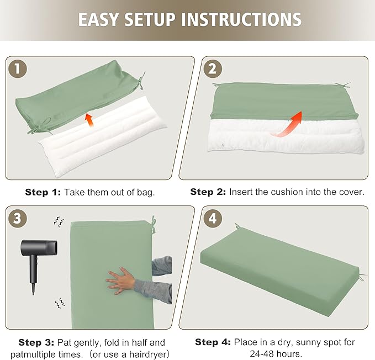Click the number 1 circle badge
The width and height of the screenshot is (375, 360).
click(18, 68)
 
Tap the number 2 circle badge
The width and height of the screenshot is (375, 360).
click(213, 68)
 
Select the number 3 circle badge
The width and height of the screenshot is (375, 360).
click(18, 218)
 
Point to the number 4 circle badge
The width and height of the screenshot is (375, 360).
click(213, 218)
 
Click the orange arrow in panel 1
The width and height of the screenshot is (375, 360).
click(89, 120)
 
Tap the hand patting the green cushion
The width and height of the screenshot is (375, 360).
click(121, 280)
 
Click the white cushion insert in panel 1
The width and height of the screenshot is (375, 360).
click(103, 136)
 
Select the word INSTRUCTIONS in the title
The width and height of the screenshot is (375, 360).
click(241, 19)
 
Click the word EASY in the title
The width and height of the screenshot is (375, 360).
click(98, 19)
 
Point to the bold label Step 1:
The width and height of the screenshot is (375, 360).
click(43, 192)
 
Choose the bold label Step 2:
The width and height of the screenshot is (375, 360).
click(208, 192)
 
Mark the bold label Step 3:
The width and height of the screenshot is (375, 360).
click(36, 342)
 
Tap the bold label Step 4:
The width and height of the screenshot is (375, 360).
click(213, 342)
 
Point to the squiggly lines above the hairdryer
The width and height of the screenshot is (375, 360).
click(59, 221)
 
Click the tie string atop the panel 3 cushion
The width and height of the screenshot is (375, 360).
click(154, 225)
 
